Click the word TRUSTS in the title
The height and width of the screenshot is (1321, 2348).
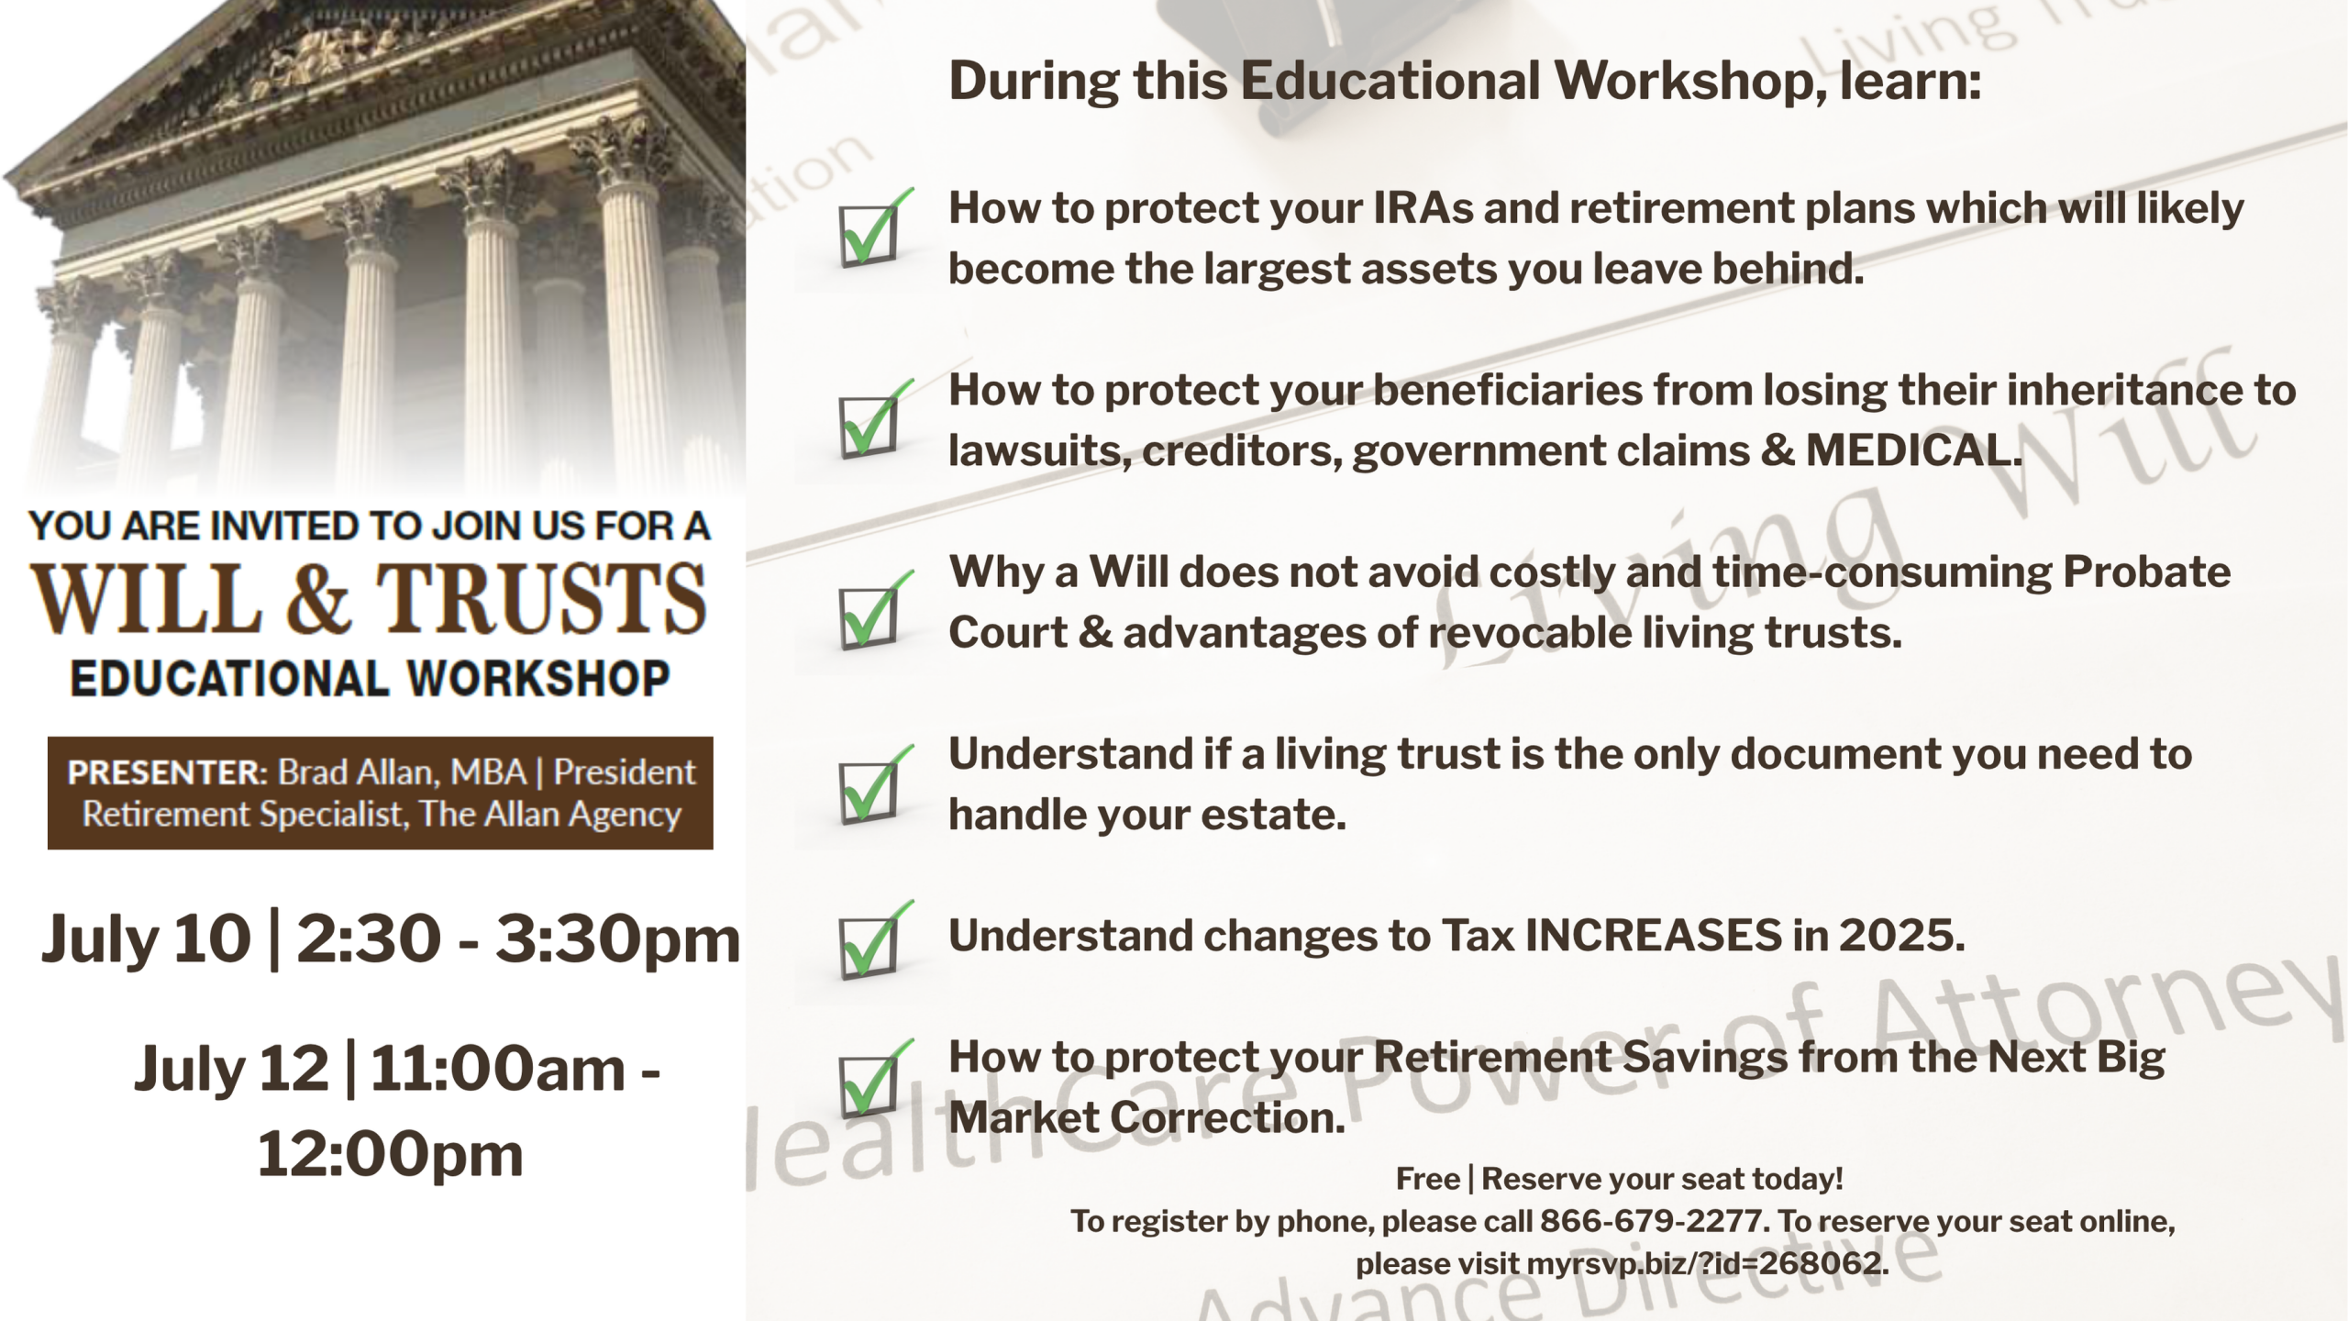[x=541, y=598]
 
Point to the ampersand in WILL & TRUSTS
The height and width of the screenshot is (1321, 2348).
[x=318, y=598]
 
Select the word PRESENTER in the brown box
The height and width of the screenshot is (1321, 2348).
[x=166, y=772]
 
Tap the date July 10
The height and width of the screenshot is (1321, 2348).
[x=146, y=939]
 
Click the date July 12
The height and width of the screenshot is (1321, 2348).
[x=231, y=1070]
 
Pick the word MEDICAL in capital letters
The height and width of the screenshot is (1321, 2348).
[x=1913, y=450]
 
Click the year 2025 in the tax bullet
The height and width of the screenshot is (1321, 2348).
[x=1901, y=936]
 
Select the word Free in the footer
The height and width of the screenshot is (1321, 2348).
[x=1428, y=1179]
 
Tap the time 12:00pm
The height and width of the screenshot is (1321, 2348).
[x=390, y=1154]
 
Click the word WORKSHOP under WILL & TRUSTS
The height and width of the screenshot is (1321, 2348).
[x=539, y=679]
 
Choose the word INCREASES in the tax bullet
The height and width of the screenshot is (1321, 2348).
[x=1653, y=936]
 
